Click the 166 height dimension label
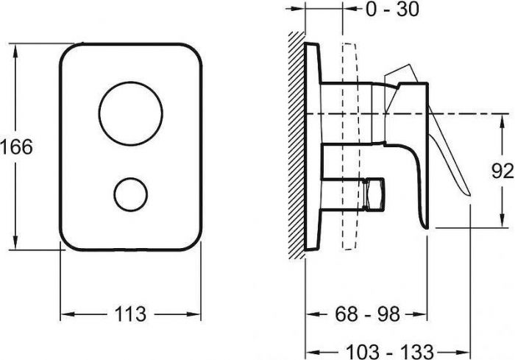tap(16, 147)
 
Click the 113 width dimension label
tap(130, 314)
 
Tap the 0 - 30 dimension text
tap(392, 9)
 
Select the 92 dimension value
tap(502, 171)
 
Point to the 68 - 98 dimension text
tap(368, 314)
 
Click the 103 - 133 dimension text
tap(390, 352)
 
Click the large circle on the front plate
tap(131, 113)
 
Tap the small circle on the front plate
tap(131, 194)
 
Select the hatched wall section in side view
tap(296, 145)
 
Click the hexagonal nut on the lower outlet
tap(375, 194)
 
